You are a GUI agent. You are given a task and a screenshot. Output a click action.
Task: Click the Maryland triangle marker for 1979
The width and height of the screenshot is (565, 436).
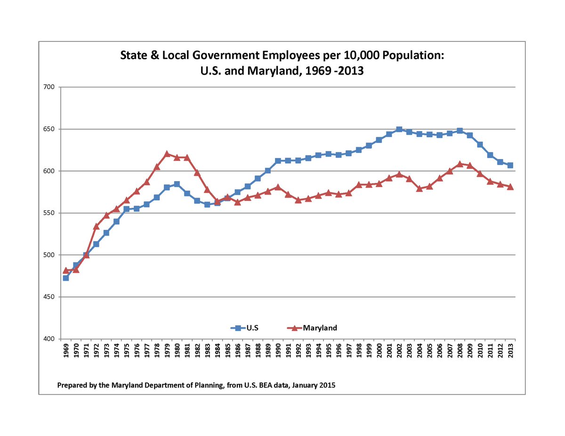[167, 154]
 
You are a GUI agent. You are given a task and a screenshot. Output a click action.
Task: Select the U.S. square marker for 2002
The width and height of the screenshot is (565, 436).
[399, 129]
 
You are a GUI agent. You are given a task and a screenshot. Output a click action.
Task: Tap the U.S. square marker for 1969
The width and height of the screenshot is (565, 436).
[66, 278]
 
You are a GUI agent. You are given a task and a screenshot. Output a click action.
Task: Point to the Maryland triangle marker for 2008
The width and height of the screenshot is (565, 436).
[460, 164]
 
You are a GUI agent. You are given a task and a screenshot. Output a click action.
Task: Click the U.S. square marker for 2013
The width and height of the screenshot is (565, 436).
[510, 165]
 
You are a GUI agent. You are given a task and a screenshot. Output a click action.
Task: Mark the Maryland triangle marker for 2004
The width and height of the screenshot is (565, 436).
[420, 189]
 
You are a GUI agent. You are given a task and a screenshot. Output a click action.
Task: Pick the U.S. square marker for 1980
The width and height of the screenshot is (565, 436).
[177, 184]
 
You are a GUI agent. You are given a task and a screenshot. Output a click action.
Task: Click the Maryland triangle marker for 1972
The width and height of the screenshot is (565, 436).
[96, 226]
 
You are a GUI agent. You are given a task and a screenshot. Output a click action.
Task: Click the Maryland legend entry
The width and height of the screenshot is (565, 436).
[313, 328]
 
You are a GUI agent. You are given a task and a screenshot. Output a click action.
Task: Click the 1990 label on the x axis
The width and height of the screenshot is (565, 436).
[278, 350]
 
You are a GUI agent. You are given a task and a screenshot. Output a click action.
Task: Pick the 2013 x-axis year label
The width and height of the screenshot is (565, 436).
[511, 350]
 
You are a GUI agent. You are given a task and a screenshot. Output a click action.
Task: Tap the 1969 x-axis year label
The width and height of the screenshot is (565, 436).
[66, 350]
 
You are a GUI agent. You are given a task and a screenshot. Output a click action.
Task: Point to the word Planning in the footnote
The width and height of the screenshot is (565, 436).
[198, 385]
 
